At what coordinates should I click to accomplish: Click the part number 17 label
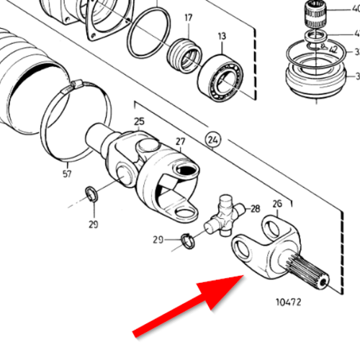(188, 17)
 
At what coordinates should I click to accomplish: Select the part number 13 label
(222, 36)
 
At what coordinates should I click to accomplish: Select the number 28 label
(255, 209)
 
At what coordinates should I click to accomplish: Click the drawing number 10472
(287, 301)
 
